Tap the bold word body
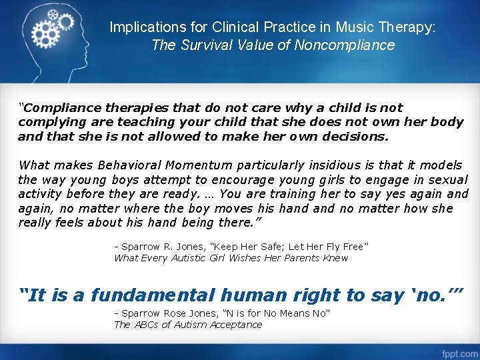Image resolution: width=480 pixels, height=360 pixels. click(x=448, y=122)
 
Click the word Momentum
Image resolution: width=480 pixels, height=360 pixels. click(x=202, y=165)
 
